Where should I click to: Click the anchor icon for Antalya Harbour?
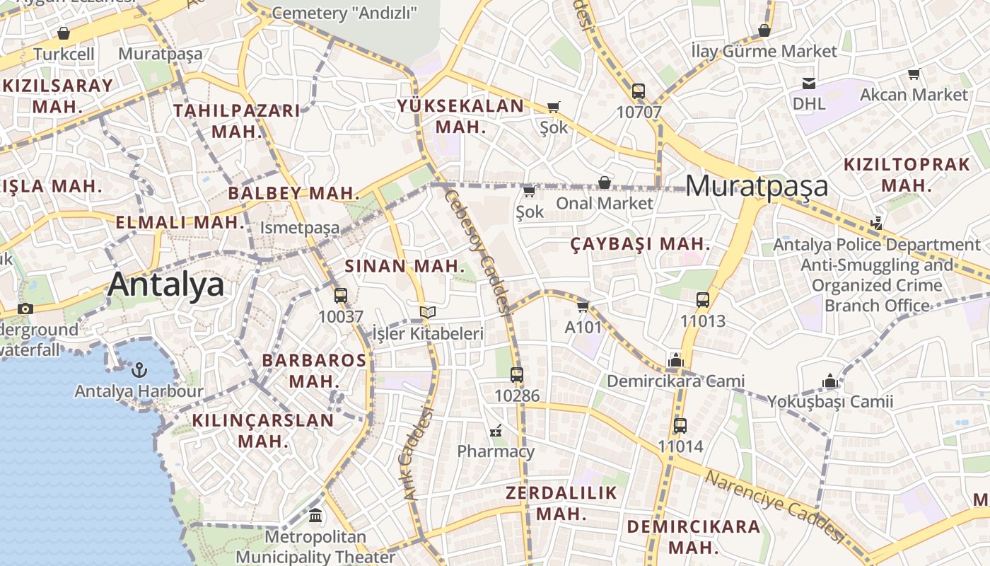(x=139, y=369)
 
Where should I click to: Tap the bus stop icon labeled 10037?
(x=340, y=296)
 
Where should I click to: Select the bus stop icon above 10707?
(x=638, y=91)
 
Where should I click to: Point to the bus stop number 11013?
(x=702, y=320)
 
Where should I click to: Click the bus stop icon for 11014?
(x=680, y=426)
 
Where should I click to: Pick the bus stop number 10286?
(x=517, y=395)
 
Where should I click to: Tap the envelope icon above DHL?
(x=808, y=83)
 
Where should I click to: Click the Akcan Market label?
(x=914, y=94)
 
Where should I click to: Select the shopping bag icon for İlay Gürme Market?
(x=764, y=30)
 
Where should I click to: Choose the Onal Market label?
(x=605, y=203)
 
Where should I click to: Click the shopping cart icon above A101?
(x=583, y=306)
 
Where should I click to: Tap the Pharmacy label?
(x=496, y=451)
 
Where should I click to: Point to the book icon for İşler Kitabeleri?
(x=427, y=312)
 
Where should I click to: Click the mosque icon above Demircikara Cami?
(x=675, y=360)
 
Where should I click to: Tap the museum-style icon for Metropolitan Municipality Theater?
(x=315, y=516)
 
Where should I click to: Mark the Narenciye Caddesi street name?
(x=774, y=505)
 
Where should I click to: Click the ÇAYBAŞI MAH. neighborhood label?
(x=640, y=243)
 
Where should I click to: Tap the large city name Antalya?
(x=165, y=284)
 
